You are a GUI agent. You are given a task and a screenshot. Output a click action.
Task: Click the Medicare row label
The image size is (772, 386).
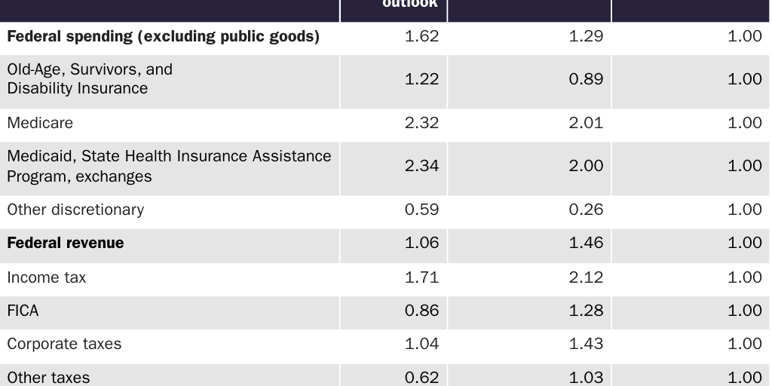[40, 123]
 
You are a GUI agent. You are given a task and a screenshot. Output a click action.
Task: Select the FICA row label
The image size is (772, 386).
[23, 311]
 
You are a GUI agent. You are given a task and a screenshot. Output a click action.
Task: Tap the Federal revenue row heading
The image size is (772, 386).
[66, 243]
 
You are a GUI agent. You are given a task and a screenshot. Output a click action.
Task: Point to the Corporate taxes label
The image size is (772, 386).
[64, 344]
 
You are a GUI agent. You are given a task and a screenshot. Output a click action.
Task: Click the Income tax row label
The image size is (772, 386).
[47, 277]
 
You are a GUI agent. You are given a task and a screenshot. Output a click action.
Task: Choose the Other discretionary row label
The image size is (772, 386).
[75, 210]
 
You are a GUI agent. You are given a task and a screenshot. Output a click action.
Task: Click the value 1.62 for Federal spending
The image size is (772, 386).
[421, 36]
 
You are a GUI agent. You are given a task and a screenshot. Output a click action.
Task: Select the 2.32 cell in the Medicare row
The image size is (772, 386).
[421, 123]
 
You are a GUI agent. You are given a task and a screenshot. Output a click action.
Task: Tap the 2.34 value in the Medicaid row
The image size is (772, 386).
[421, 166]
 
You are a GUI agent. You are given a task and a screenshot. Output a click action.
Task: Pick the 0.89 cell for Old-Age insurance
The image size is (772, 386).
[586, 79]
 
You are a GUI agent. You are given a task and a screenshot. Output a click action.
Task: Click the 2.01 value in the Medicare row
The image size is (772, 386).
[586, 123]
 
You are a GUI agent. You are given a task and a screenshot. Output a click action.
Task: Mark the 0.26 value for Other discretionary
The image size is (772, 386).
[586, 210]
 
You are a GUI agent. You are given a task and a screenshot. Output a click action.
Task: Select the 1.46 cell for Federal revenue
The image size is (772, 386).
[586, 243]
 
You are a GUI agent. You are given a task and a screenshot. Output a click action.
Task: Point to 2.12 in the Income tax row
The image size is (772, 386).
[586, 277]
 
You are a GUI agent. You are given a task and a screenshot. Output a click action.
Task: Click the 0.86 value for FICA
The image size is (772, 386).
[421, 311]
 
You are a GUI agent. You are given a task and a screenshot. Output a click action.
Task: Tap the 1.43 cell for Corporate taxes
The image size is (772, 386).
[586, 344]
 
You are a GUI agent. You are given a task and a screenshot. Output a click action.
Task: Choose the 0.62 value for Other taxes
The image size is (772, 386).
[421, 377]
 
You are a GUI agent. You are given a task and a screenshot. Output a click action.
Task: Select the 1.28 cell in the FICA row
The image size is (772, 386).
[586, 311]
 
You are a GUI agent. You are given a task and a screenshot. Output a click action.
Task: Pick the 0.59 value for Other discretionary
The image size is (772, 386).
[421, 210]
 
